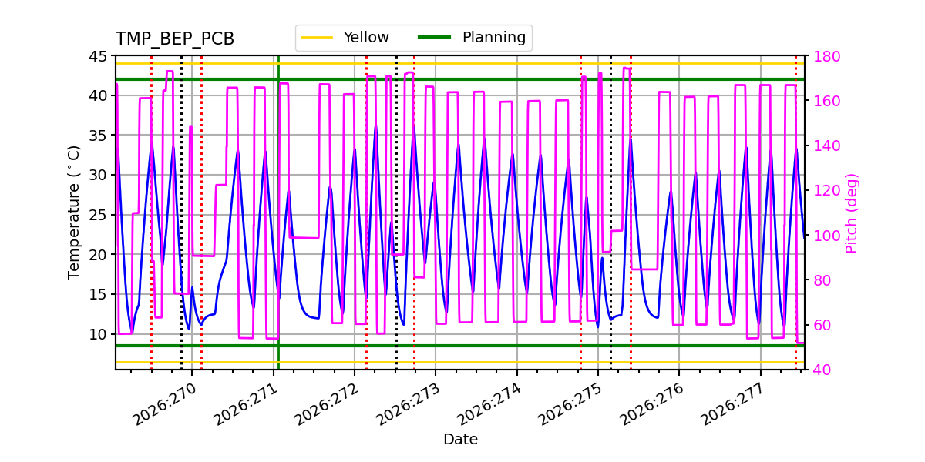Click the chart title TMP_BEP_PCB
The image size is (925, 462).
(175, 38)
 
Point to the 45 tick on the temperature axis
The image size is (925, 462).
(98, 56)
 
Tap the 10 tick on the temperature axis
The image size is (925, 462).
(98, 334)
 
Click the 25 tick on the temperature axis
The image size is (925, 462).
(98, 215)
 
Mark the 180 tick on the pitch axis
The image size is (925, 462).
(826, 56)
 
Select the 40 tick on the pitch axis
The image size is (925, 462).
(822, 370)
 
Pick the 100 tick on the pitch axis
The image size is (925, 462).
(826, 236)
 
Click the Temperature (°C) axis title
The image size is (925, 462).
(73, 213)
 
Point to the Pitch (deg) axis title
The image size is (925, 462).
(852, 213)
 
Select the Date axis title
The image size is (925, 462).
(460, 439)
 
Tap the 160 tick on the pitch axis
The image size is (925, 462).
(826, 101)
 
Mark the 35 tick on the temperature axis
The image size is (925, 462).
(98, 136)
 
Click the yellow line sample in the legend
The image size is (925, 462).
(317, 38)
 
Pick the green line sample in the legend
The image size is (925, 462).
(435, 38)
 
